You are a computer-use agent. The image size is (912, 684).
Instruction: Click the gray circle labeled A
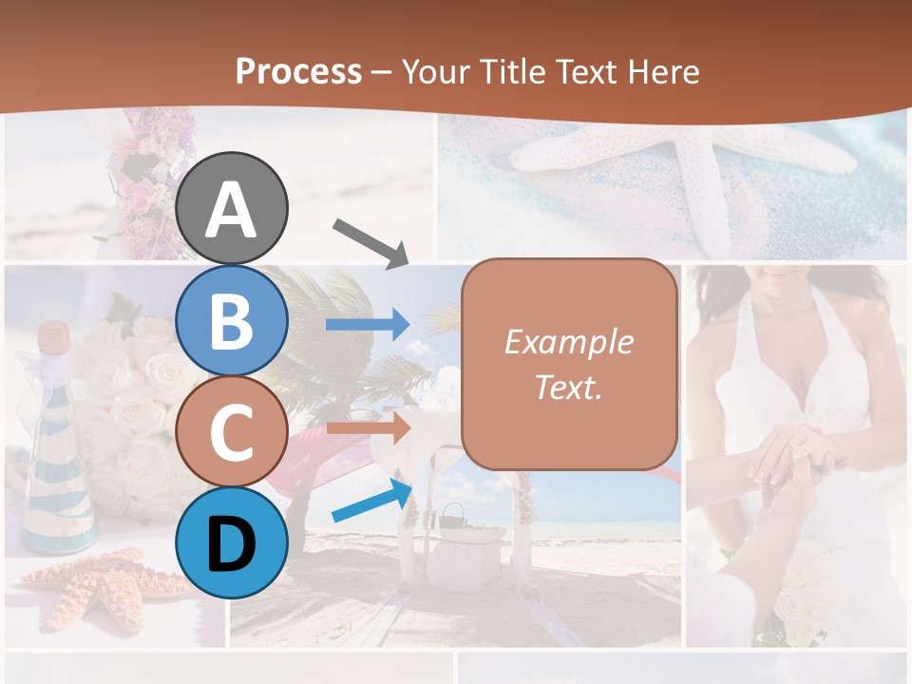232,208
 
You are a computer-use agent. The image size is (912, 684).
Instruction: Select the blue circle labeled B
232,320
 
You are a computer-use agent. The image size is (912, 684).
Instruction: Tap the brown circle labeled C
232,431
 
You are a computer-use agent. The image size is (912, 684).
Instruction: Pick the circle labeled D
232,542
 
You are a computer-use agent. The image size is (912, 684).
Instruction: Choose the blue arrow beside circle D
371,501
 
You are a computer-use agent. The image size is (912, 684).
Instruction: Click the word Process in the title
298,71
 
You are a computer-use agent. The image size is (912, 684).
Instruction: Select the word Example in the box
568,342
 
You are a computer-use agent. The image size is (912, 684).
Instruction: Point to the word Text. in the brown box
568,387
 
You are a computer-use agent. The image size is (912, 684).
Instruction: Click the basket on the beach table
452,516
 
